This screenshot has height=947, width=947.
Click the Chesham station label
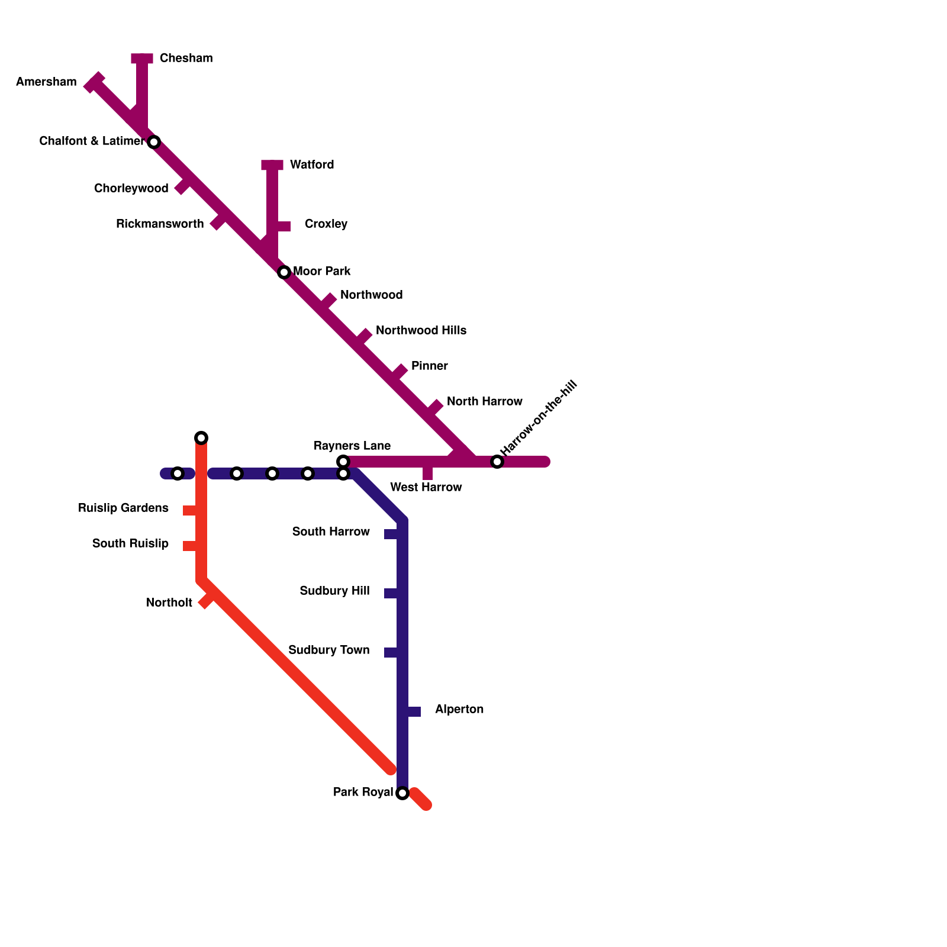[186, 58]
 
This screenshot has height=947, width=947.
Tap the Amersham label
[46, 82]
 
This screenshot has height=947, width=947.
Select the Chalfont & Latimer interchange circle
[154, 142]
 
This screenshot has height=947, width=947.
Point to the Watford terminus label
[312, 165]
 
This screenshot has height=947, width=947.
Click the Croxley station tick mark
[284, 226]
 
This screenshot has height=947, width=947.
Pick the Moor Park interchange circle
[284, 272]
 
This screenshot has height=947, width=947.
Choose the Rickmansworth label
[160, 224]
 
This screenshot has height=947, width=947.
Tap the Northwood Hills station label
[421, 330]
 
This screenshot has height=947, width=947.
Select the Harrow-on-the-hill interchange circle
[497, 462]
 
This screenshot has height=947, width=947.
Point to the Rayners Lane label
[352, 446]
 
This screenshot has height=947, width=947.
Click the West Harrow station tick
[427, 473]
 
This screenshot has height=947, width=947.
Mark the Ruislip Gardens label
[123, 508]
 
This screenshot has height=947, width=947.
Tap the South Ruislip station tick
[189, 546]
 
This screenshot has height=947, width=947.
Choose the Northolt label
[169, 603]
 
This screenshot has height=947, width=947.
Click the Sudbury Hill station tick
[391, 593]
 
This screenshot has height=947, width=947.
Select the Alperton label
[459, 709]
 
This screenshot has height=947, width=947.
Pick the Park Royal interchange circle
[402, 793]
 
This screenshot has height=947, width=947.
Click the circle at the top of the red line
[201, 438]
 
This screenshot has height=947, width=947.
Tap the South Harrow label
[331, 532]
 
